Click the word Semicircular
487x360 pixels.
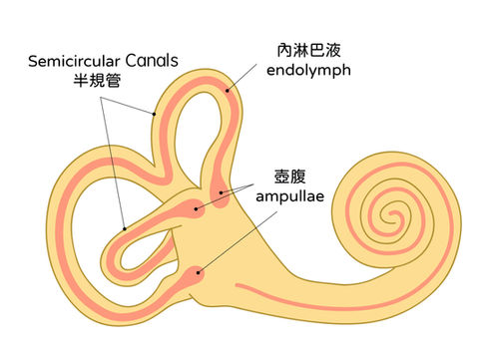pyautogui.click(x=74, y=61)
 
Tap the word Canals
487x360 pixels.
pyautogui.click(x=152, y=61)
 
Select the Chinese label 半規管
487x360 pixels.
pyautogui.click(x=97, y=81)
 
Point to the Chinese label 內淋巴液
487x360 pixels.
pyautogui.click(x=309, y=51)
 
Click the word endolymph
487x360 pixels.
pyautogui.click(x=308, y=70)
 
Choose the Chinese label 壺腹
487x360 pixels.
pyautogui.click(x=289, y=177)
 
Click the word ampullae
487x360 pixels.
pyautogui.click(x=289, y=196)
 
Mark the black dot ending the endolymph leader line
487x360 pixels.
pyautogui.click(x=228, y=90)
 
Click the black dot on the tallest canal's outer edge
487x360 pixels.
pyautogui.click(x=154, y=114)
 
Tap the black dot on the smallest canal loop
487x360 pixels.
pyautogui.click(x=125, y=228)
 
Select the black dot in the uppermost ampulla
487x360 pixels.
pyautogui.click(x=221, y=192)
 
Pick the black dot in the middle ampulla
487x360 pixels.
pyautogui.click(x=197, y=208)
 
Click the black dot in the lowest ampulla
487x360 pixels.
pyautogui.click(x=199, y=272)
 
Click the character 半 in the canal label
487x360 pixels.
pyautogui.click(x=81, y=81)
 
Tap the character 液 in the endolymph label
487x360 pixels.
pyautogui.click(x=333, y=51)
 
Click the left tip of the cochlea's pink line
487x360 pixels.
pyautogui.click(x=237, y=285)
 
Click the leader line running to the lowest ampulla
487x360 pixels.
pyautogui.click(x=238, y=242)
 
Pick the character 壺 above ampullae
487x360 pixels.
pyautogui.click(x=281, y=177)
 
